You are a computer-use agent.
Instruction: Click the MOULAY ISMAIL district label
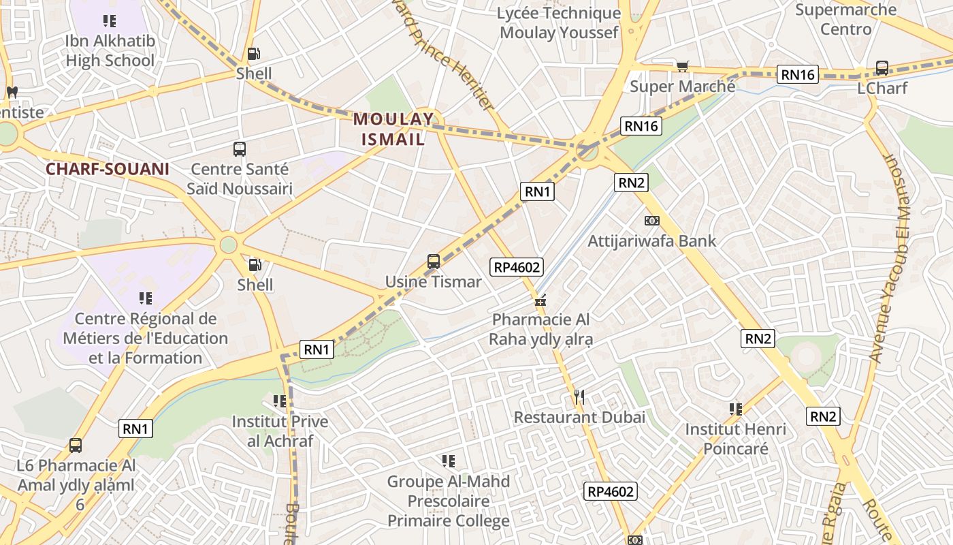click(x=393, y=129)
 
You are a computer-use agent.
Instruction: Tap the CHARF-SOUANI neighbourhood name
click(x=107, y=169)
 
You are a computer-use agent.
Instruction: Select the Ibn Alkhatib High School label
click(x=110, y=50)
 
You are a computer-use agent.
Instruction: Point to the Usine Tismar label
click(x=433, y=281)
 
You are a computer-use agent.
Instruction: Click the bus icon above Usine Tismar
click(x=434, y=261)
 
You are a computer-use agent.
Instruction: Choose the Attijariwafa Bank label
click(x=651, y=240)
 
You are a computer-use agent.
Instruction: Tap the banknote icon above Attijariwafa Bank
click(x=651, y=220)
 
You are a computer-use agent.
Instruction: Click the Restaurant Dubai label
click(x=579, y=417)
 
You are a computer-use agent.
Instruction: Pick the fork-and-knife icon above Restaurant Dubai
click(x=579, y=396)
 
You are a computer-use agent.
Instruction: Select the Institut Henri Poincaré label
click(x=735, y=439)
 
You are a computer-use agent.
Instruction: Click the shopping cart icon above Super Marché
click(x=682, y=66)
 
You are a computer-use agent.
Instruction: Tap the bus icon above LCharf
click(x=882, y=67)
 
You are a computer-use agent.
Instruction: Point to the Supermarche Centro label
click(x=845, y=19)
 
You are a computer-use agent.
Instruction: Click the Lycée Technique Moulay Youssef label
click(x=559, y=22)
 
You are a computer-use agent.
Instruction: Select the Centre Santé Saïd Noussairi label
click(x=240, y=178)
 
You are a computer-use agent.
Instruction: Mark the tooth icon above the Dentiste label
click(x=12, y=92)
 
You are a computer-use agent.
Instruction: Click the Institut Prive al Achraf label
click(x=280, y=431)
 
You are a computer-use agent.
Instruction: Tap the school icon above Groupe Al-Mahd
click(x=448, y=461)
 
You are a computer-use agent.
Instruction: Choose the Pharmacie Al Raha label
click(x=540, y=329)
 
